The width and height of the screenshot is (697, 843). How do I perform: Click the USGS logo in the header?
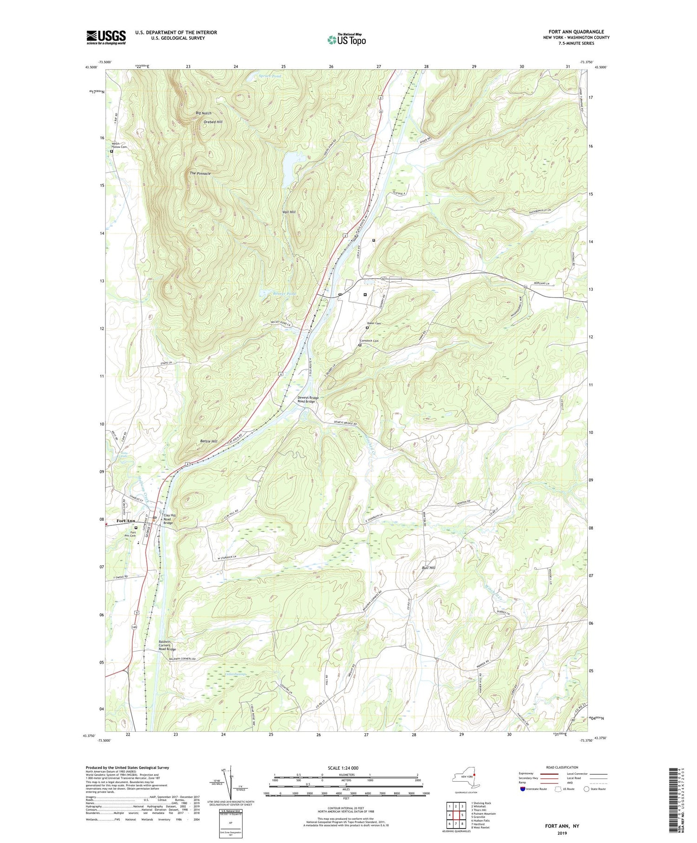point(106,37)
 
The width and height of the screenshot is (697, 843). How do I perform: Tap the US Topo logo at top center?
point(346,40)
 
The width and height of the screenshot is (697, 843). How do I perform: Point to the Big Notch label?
point(203,113)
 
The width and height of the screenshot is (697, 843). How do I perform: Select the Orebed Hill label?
point(213,122)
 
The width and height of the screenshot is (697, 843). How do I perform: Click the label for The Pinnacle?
point(200,173)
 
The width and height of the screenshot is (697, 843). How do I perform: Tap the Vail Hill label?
point(289,212)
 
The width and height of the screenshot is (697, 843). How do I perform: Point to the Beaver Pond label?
point(271,294)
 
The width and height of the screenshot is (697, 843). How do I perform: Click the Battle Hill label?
point(208,441)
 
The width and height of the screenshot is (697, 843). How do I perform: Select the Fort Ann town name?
point(126,521)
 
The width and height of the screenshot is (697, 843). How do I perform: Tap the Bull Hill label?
point(428,568)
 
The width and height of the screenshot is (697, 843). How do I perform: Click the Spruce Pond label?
point(270,76)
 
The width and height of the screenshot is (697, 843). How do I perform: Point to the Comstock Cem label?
point(369,341)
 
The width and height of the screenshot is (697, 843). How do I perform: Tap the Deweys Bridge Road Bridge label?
point(308,399)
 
